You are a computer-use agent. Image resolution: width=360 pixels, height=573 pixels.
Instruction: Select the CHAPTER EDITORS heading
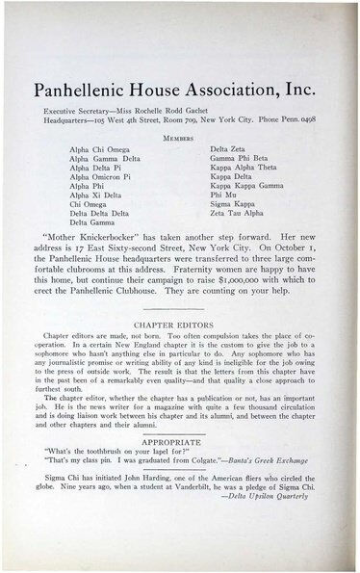(x=180, y=298)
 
